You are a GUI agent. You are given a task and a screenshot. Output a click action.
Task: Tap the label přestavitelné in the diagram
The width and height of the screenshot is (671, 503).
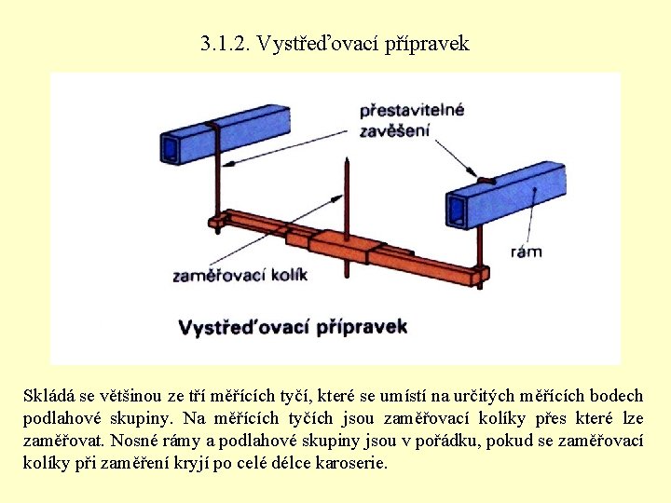coord(412,111)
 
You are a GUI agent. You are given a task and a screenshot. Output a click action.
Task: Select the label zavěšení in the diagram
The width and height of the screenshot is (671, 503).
coord(395,130)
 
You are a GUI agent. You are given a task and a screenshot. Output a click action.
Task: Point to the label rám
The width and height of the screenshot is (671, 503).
coord(527,251)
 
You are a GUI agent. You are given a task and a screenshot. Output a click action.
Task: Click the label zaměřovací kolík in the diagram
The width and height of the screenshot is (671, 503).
coord(240,275)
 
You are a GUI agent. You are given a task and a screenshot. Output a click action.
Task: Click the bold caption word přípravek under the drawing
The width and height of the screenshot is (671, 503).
coord(362,327)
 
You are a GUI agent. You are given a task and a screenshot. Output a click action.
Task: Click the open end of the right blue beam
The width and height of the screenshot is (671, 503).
coord(458,210)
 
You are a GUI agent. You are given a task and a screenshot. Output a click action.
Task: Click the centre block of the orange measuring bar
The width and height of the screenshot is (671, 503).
coord(341,246)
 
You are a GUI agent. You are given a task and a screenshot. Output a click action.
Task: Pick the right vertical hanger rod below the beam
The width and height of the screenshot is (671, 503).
coord(479,248)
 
